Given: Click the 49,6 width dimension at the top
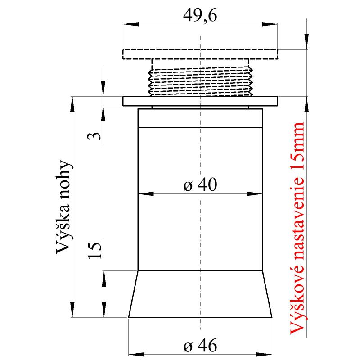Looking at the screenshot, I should [200, 16].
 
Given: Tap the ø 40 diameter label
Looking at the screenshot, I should [200, 185].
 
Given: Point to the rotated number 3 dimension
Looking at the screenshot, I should [94, 136].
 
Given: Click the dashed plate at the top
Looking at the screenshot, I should [200, 54].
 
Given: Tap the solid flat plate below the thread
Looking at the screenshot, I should [200, 101].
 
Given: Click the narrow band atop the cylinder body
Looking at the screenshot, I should [200, 119].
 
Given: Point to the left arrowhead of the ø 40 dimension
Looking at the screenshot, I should [141, 194].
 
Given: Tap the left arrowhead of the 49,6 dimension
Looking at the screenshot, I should [127, 23].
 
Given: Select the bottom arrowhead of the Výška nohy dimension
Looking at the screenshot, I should [72, 313].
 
